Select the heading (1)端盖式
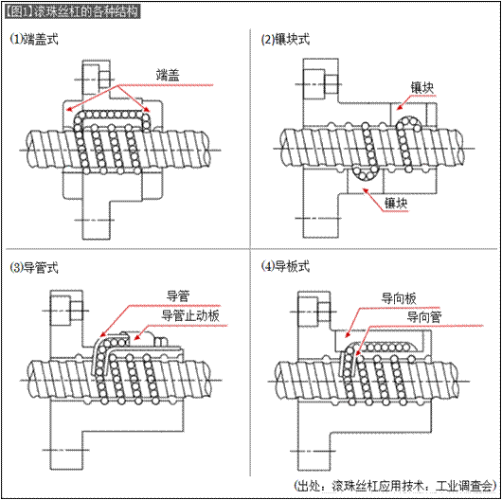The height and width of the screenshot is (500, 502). coord(34,41)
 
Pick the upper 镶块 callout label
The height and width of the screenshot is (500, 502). coord(422,87)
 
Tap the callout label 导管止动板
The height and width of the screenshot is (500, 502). coord(190,315)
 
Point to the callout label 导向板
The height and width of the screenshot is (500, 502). coord(398,297)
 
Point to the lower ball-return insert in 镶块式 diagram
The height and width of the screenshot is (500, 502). coord(362,174)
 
